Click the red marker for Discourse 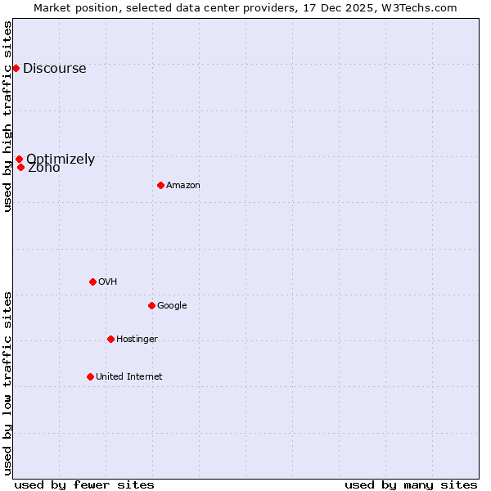pos(16,68)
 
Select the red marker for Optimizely pos(19,160)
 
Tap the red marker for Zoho pos(21,167)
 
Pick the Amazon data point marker pos(160,185)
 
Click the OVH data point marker pos(92,282)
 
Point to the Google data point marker pos(151,305)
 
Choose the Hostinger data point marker pos(110,339)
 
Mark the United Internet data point pos(90,376)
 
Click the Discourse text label pos(54,69)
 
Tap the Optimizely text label pos(61,159)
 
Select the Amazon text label pos(182,186)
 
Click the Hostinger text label pos(137,339)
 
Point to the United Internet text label pos(128,376)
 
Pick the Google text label pos(172,306)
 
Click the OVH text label pos(107,282)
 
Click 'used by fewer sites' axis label pos(84,484)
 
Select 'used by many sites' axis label pos(411,484)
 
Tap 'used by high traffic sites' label pos(7,116)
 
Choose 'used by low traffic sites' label pos(7,383)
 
